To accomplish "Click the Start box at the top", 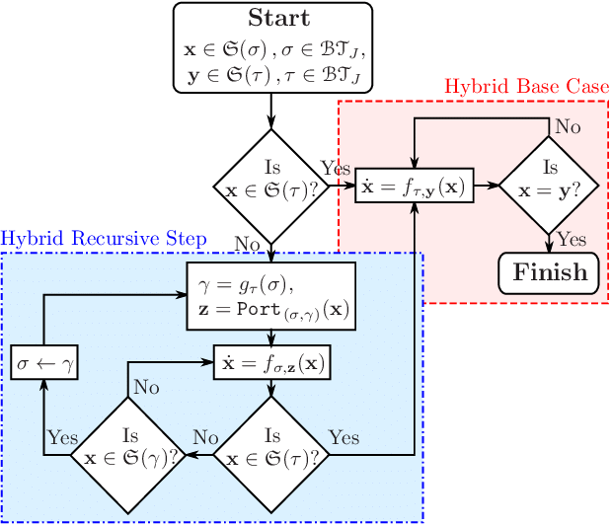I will pyautogui.click(x=273, y=47).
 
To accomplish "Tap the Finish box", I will pyautogui.click(x=549, y=272).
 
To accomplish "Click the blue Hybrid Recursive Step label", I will pyautogui.click(x=104, y=239).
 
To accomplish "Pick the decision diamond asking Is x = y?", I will pyautogui.click(x=550, y=184).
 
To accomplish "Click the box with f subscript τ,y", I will pyautogui.click(x=415, y=185).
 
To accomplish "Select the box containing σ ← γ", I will pyautogui.click(x=44, y=363).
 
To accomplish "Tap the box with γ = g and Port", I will pyautogui.click(x=271, y=296).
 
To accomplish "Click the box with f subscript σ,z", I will pyautogui.click(x=271, y=363).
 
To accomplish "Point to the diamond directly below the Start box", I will pyautogui.click(x=272, y=184).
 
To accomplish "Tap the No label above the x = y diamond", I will pyautogui.click(x=568, y=126).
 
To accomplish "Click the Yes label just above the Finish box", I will pyautogui.click(x=572, y=239).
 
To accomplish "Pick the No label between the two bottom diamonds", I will pyautogui.click(x=205, y=437).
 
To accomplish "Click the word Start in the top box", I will pyautogui.click(x=277, y=19).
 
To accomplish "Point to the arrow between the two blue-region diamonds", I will pyautogui.click(x=201, y=454).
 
